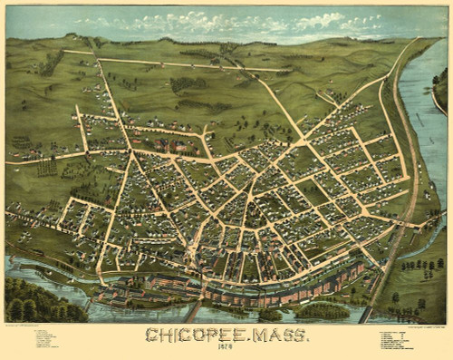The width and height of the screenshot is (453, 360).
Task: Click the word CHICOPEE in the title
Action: point(191,336)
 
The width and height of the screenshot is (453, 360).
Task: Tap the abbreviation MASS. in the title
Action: point(275,336)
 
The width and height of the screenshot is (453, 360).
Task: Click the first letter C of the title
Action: point(151,336)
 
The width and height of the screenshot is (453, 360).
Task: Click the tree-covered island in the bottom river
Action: point(321,311)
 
